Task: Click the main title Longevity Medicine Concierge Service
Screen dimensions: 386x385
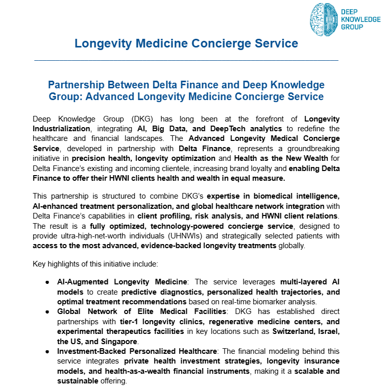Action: tap(186, 43)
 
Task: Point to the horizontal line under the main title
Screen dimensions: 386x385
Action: tap(186, 60)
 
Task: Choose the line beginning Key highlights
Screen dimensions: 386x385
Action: tap(95, 264)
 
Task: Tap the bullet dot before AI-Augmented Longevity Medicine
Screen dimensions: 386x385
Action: tap(47, 282)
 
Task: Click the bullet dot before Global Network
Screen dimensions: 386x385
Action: tap(47, 311)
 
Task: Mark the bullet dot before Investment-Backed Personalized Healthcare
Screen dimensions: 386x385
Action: tap(47, 352)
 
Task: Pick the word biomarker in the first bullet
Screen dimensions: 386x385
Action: tap(270, 301)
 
